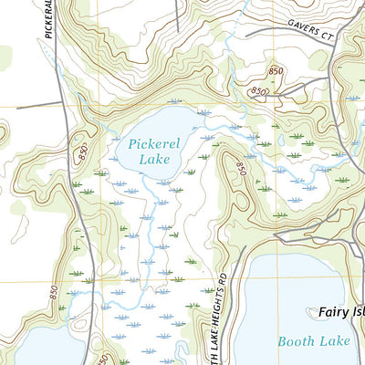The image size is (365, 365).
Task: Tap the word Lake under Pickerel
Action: pyautogui.click(x=154, y=159)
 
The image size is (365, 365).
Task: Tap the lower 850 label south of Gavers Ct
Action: pyautogui.click(x=259, y=91)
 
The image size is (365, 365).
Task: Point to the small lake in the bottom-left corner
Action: pyautogui.click(x=27, y=352)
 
